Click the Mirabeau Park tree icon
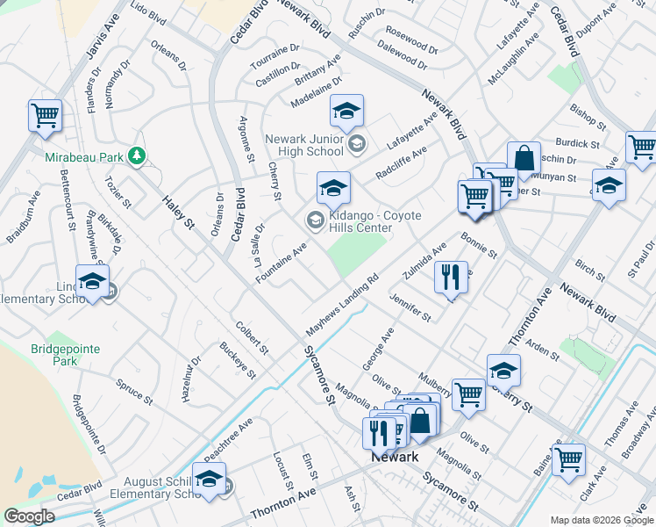tap(136, 156)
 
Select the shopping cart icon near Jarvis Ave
tap(45, 115)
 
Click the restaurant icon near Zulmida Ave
tap(451, 278)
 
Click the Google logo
tap(29, 516)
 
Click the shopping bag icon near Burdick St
tap(524, 158)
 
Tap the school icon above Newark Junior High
tap(346, 111)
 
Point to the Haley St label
tap(177, 213)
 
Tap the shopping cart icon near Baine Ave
tap(569, 458)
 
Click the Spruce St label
tap(134, 390)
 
